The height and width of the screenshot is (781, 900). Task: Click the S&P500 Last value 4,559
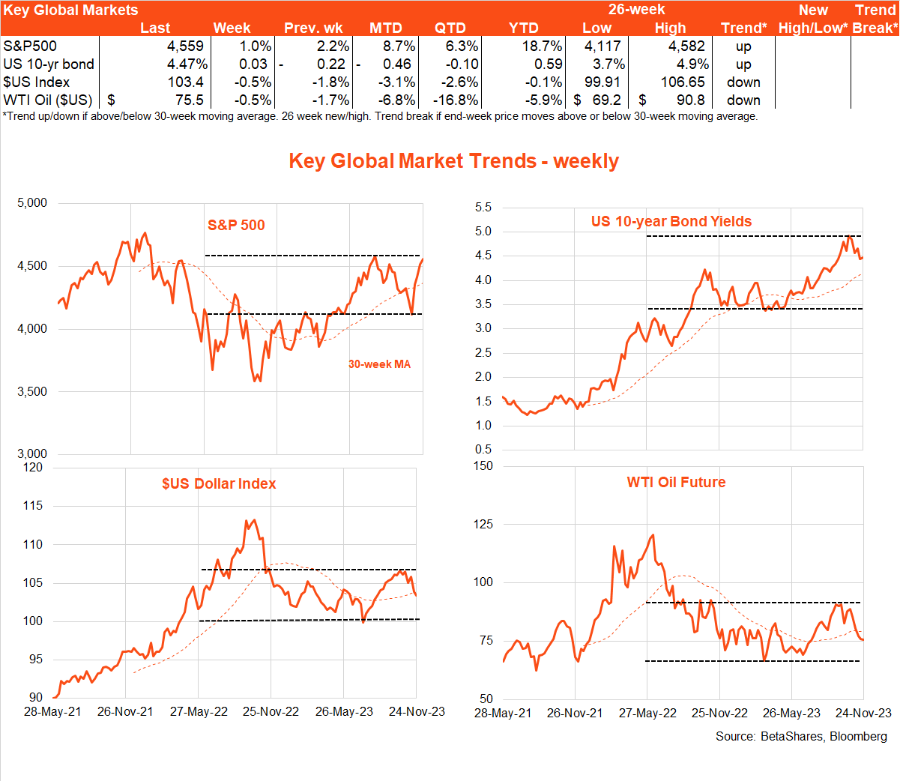[x=185, y=46]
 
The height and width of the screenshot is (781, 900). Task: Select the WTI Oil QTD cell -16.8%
[x=456, y=100]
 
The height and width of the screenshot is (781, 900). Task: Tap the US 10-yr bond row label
[x=49, y=64]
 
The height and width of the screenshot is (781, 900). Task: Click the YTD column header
[x=523, y=28]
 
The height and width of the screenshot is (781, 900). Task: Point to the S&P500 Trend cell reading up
[x=743, y=46]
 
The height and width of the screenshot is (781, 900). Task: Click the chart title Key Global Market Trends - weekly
[x=453, y=161]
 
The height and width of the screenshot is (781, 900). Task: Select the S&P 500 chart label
[x=236, y=225]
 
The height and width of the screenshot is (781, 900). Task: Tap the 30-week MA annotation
[x=379, y=364]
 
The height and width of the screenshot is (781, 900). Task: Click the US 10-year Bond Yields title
[x=671, y=221]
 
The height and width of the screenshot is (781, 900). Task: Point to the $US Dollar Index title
[x=219, y=483]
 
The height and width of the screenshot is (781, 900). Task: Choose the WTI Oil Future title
[x=676, y=482]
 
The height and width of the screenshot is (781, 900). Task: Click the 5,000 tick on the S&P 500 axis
[x=32, y=203]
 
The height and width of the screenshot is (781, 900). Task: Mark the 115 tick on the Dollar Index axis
[x=33, y=506]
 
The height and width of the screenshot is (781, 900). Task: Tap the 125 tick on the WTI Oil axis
[x=483, y=524]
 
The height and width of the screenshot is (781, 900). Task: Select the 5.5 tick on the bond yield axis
[x=483, y=208]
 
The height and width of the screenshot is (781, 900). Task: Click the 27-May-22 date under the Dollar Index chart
[x=199, y=711]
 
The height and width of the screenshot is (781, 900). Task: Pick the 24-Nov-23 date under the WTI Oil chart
[x=863, y=713]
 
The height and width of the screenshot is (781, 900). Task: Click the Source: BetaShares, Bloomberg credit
[x=801, y=736]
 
